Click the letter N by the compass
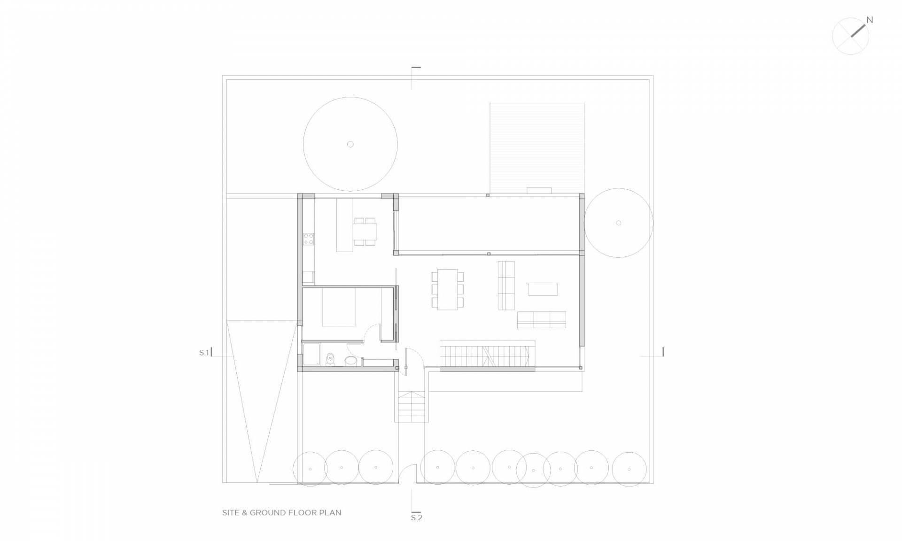pyautogui.click(x=870, y=20)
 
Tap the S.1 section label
pyautogui.click(x=203, y=353)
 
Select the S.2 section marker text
pyautogui.click(x=417, y=518)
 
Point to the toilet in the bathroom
pyautogui.click(x=330, y=359)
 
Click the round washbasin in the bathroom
pyautogui.click(x=350, y=361)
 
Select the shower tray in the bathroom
pyautogui.click(x=311, y=354)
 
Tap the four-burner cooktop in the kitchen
pyautogui.click(x=309, y=239)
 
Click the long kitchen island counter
pyautogui.click(x=344, y=225)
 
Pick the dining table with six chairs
pyautogui.click(x=448, y=289)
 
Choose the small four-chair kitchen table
pyautogui.click(x=365, y=231)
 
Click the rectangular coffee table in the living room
pyautogui.click(x=543, y=289)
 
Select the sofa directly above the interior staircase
pyautogui.click(x=542, y=319)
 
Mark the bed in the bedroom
pyautogui.click(x=339, y=307)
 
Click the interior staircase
pyautogui.click(x=488, y=356)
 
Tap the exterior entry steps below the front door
pyautogui.click(x=412, y=407)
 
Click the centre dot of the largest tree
pyautogui.click(x=350, y=144)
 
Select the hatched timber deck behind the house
pyautogui.click(x=537, y=148)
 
